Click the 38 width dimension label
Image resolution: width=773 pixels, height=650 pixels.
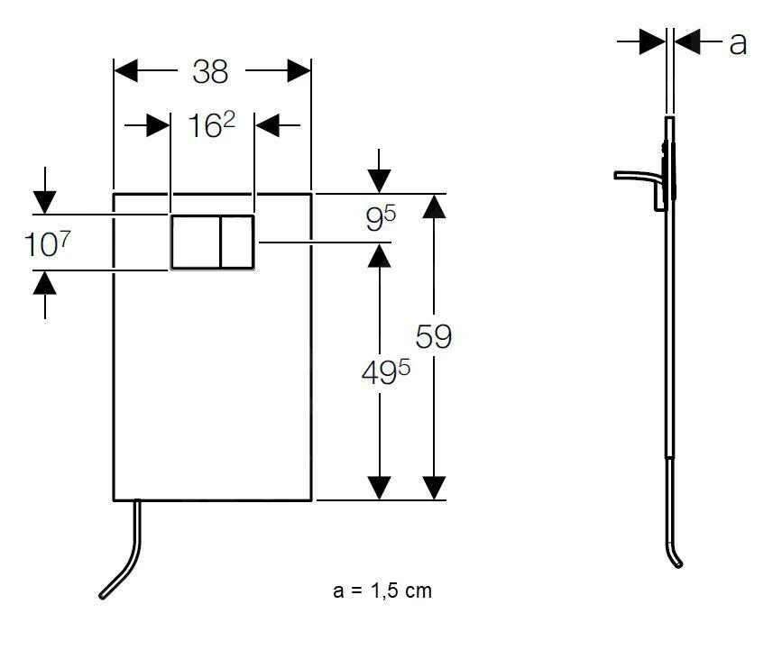210,71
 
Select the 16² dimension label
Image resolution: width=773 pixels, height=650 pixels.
212,124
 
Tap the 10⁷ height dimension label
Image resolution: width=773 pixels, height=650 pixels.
47,244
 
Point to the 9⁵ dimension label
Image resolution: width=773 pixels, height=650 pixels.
381,218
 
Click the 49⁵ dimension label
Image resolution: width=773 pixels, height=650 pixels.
385,372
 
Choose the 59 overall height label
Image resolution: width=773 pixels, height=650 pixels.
433,336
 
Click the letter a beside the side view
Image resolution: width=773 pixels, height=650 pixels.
738,43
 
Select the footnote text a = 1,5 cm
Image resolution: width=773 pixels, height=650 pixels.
382,590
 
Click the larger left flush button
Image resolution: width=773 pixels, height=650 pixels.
196,242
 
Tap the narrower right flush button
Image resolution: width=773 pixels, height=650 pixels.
237,242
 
